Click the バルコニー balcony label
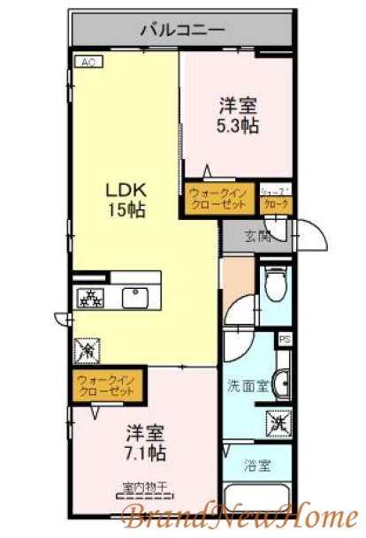pyautogui.click(x=183, y=30)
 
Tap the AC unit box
pyautogui.click(x=89, y=62)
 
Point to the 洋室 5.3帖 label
pyautogui.click(x=239, y=116)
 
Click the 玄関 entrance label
pyautogui.click(x=256, y=236)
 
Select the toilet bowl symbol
pyautogui.click(x=273, y=284)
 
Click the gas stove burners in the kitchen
pyautogui.click(x=89, y=298)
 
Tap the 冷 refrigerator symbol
pyautogui.click(x=89, y=351)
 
